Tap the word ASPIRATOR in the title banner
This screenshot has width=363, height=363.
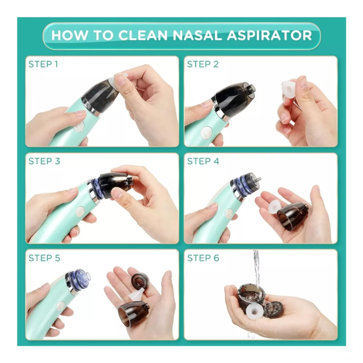269,35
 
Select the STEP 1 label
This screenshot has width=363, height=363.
43,64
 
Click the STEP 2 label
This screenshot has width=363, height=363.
203,64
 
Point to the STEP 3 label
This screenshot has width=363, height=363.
44,161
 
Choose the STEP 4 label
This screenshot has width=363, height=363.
203,161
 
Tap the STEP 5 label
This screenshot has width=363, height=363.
44,258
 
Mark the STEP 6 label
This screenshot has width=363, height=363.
203,258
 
